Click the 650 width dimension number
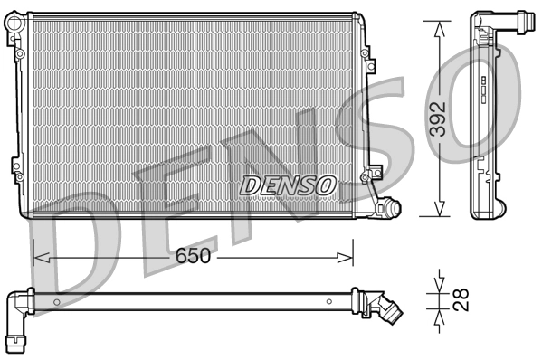(x=193, y=256)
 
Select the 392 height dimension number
(x=438, y=118)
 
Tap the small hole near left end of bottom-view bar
(x=56, y=300)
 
